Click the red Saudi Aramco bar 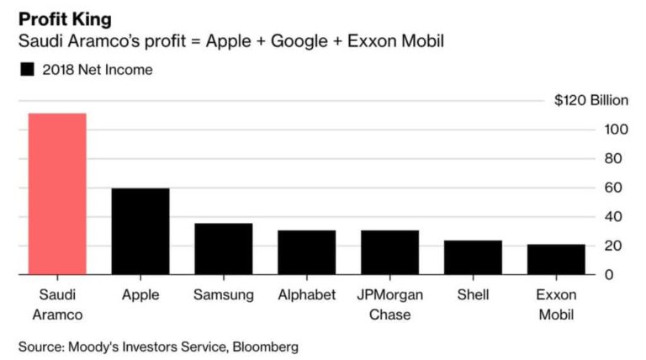click(x=57, y=193)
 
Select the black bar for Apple click(x=140, y=231)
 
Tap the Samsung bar click(x=224, y=249)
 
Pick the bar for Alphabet click(x=307, y=252)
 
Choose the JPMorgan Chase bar click(x=390, y=252)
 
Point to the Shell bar click(x=474, y=257)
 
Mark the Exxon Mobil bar click(x=556, y=259)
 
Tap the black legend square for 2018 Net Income click(x=27, y=71)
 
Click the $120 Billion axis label click(x=591, y=101)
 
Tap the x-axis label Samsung click(x=224, y=295)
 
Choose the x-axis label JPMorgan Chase click(x=390, y=304)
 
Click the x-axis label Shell click(x=474, y=295)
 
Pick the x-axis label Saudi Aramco click(x=57, y=304)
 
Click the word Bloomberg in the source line click(x=266, y=346)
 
